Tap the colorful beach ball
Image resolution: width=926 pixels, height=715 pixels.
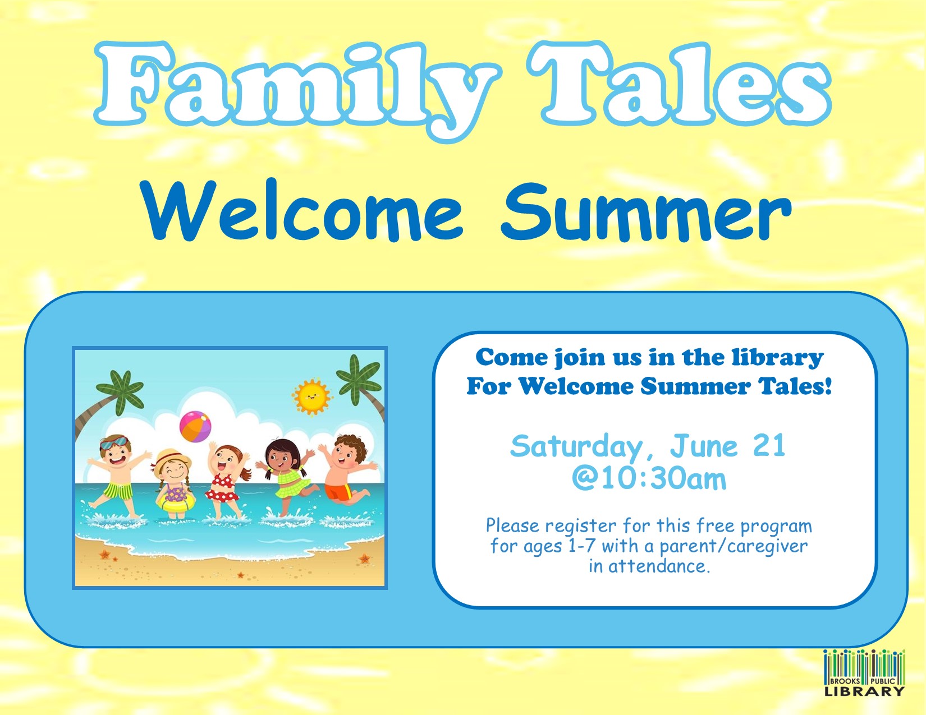196,426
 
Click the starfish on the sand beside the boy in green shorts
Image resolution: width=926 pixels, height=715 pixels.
104,555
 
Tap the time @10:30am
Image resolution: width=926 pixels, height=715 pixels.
649,479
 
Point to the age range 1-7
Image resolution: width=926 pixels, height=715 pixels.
581,546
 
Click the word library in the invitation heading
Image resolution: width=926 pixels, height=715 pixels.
778,358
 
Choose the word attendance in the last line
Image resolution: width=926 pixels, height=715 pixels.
659,566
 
